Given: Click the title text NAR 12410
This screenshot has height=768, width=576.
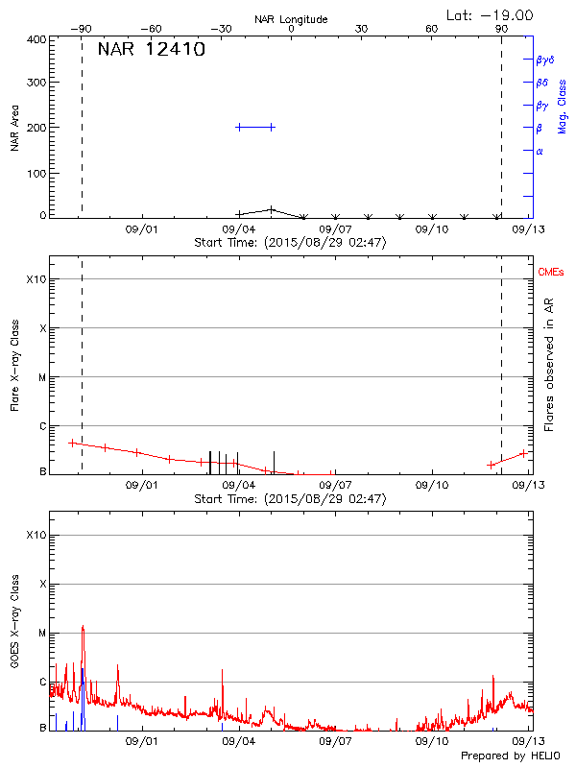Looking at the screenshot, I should [x=151, y=50].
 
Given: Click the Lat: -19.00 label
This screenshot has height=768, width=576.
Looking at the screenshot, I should [x=490, y=14].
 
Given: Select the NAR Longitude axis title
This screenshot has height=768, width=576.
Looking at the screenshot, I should [x=292, y=19].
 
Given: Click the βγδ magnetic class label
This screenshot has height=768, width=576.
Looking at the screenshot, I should [x=545, y=60].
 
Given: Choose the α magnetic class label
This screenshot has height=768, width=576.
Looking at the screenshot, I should [x=540, y=151].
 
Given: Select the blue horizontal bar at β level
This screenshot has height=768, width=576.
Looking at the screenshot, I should [x=255, y=127].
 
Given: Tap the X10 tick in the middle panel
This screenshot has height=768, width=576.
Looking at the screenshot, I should [x=36, y=279].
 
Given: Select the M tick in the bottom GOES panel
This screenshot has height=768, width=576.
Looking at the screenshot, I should [x=42, y=634].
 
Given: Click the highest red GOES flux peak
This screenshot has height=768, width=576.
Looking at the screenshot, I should [x=83, y=627].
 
